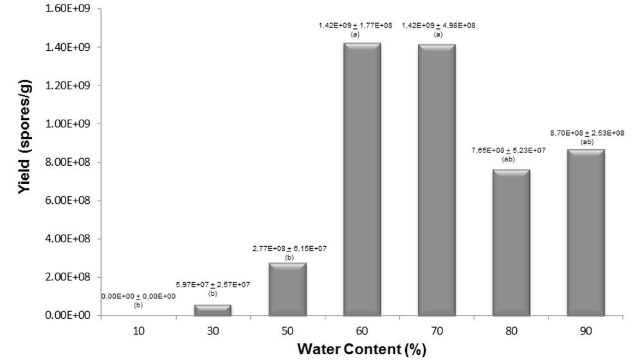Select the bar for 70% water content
437,179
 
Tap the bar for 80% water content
511,242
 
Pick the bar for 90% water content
586,232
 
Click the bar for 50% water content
287,289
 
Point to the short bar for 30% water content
213,310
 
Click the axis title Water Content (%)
361,350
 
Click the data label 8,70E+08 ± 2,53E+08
586,133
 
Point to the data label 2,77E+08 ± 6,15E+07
288,248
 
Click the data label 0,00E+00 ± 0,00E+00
138,296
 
